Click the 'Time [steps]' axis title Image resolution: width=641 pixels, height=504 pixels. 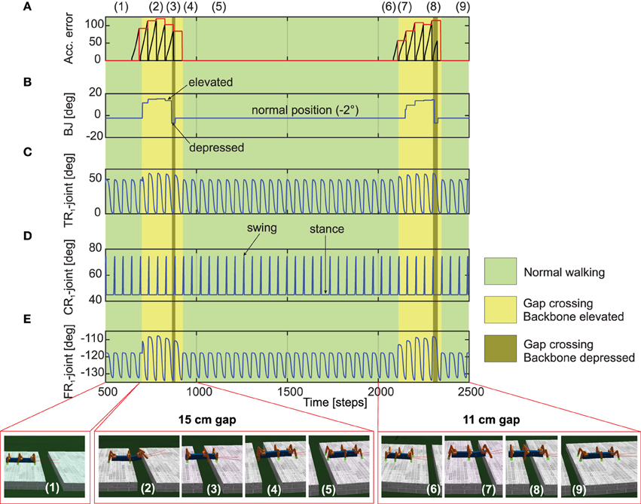click(x=336, y=403)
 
